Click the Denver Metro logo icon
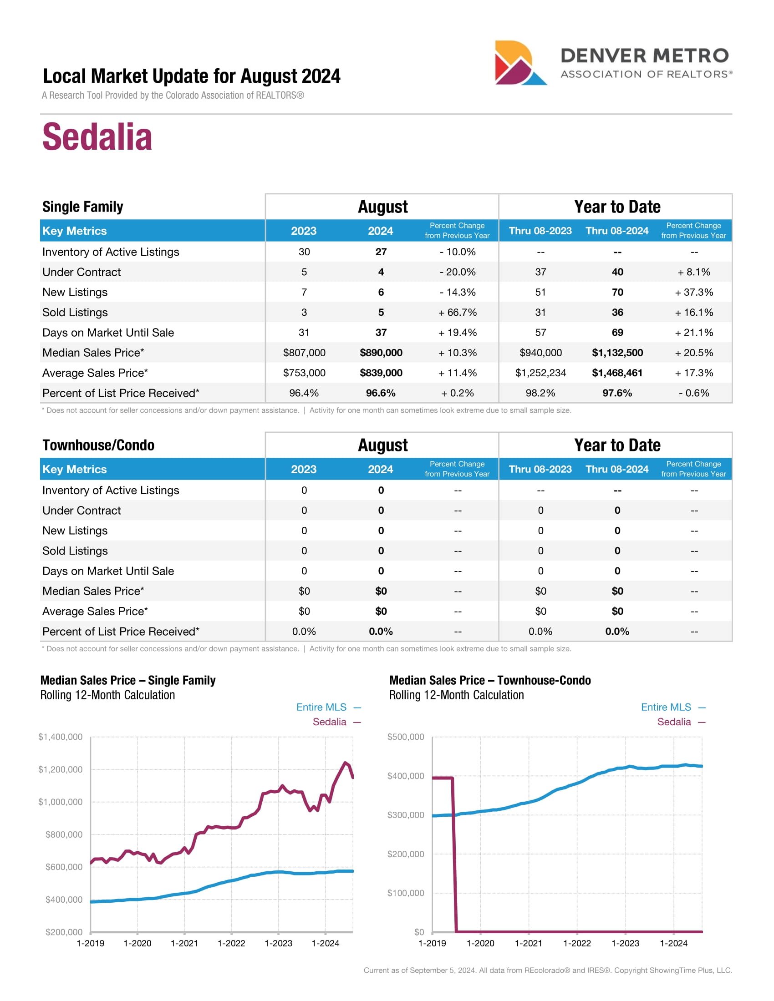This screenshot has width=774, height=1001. pos(520,63)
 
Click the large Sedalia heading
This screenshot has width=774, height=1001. pos(97,136)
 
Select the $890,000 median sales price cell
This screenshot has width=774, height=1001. pos(381,353)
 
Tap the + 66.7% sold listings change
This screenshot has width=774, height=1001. pos(457,312)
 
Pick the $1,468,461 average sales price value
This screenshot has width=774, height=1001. pos(617,373)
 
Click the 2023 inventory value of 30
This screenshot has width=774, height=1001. pos(304,252)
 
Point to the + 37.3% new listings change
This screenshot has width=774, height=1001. pos(693,292)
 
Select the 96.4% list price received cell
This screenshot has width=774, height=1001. pos(304,393)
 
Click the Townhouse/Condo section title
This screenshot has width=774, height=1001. pos(98,445)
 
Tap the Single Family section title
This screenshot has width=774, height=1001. pos(82,207)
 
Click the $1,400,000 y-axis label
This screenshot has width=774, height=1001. pos(61,737)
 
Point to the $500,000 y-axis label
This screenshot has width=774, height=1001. pos(406,737)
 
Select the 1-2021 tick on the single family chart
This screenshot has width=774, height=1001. pos(184,943)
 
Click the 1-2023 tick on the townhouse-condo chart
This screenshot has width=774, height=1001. pos(626,943)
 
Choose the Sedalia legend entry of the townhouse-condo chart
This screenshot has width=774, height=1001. pos(674,722)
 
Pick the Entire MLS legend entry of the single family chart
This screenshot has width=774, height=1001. pos(321,707)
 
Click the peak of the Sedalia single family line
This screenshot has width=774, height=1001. pos(345,763)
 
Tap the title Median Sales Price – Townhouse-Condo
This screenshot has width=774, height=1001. pos(490,680)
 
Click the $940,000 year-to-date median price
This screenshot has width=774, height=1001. pos(540,353)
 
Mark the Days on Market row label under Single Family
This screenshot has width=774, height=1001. pos(108,332)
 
